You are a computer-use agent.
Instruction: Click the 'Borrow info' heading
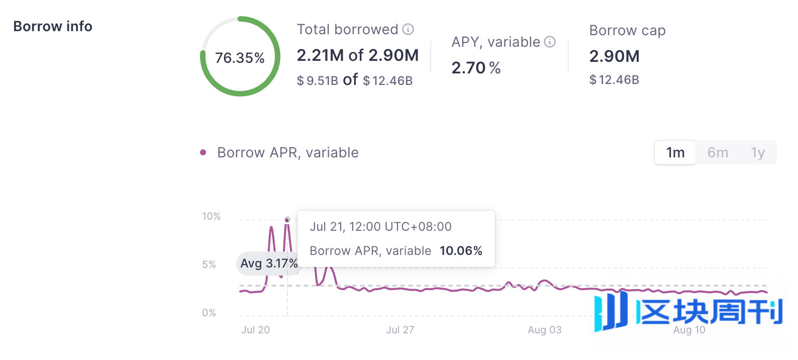coord(53,26)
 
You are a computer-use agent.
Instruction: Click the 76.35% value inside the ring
coord(240,58)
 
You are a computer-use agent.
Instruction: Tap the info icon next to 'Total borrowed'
coord(409,29)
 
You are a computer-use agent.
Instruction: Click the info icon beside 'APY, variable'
coord(550,42)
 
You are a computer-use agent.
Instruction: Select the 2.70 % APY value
coord(476,68)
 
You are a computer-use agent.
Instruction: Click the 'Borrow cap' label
coord(627,31)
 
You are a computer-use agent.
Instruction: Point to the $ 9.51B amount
coord(317,80)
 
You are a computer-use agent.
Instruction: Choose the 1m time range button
coord(675,152)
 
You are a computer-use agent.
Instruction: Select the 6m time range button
coord(718,152)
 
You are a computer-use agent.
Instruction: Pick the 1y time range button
coord(758,152)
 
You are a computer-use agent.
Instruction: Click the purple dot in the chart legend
coord(203,152)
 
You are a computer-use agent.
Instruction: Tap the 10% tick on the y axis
coord(212,216)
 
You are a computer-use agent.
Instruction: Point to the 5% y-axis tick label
coord(209,264)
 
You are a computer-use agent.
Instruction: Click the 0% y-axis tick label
coord(209,313)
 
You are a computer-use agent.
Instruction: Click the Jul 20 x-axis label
coord(255,330)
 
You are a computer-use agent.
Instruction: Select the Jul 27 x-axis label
coord(400,330)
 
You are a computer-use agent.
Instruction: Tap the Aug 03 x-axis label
coord(544,330)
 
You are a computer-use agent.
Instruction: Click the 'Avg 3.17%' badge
coord(268,263)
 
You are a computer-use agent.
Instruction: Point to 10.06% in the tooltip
coord(461,251)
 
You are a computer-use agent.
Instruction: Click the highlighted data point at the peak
coord(287,219)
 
